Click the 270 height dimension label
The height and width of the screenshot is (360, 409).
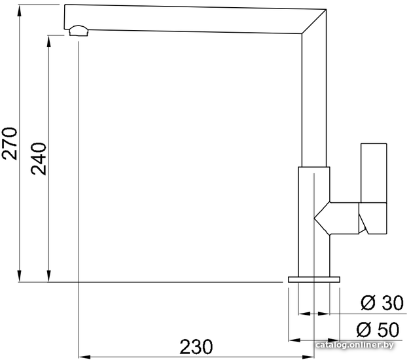9,143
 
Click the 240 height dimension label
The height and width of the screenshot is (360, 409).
39,158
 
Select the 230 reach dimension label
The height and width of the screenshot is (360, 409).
196,347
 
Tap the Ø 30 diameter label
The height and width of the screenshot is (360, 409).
382,303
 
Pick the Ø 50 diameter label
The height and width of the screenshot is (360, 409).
378,329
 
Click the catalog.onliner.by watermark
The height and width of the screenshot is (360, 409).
355,345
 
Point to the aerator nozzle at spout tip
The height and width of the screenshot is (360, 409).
79,31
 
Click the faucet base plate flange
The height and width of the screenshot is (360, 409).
314,279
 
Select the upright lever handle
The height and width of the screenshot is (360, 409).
374,173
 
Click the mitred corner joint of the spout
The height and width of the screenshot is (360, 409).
314,22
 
